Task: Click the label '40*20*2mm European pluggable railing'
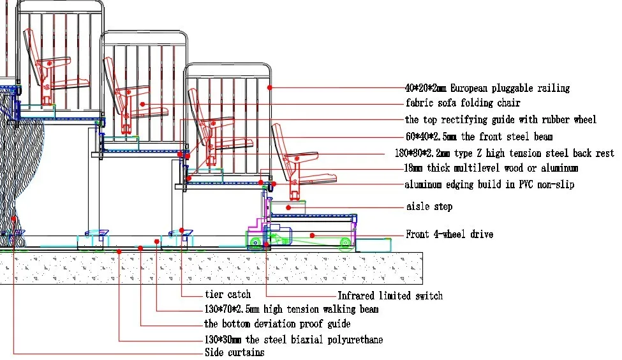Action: click(x=487, y=88)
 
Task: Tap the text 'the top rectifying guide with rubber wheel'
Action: click(x=501, y=120)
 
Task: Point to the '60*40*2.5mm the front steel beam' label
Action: click(x=478, y=137)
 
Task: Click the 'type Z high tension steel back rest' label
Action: click(x=504, y=153)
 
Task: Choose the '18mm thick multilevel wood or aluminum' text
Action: click(x=492, y=169)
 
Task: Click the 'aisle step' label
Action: click(x=429, y=207)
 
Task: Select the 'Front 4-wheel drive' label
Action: click(x=449, y=235)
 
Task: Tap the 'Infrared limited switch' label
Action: click(x=390, y=296)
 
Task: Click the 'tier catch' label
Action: click(x=228, y=295)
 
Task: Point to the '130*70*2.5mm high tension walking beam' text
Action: click(x=291, y=310)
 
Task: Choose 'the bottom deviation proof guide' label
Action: click(x=277, y=324)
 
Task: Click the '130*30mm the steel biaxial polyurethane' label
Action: click(x=293, y=340)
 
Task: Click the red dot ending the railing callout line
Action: click(x=270, y=87)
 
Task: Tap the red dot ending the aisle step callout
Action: click(x=288, y=207)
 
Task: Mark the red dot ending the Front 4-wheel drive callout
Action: click(x=312, y=235)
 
